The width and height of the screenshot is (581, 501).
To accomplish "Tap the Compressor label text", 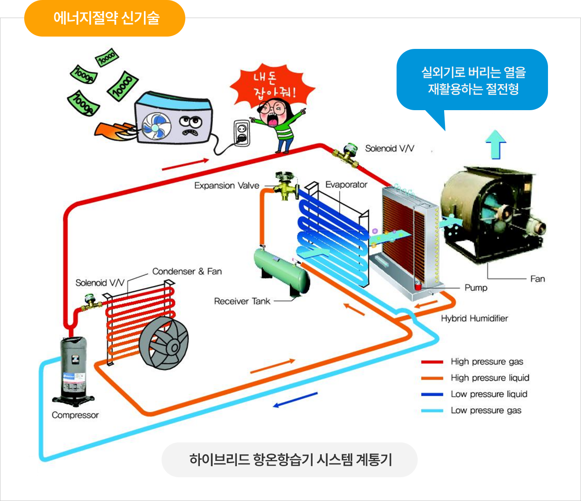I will point(75,415).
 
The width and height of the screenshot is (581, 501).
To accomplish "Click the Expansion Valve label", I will point(227,186).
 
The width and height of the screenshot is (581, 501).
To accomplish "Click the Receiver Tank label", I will point(242,301).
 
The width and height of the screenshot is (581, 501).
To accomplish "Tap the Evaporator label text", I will point(346,185).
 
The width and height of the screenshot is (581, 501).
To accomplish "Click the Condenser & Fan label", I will point(187,271).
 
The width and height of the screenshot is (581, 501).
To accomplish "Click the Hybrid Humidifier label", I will point(474,318).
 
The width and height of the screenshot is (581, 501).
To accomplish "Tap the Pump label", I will point(476,288).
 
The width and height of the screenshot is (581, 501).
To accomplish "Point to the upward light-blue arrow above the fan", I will point(496,143).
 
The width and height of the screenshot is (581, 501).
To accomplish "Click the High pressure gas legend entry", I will point(486,362).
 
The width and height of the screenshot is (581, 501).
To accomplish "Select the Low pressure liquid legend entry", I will point(489,394).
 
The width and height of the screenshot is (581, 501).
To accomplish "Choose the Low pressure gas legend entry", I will point(485,411).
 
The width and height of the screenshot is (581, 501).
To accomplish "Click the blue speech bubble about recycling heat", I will point(473,81).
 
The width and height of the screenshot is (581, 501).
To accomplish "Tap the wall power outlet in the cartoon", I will point(242,133).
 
